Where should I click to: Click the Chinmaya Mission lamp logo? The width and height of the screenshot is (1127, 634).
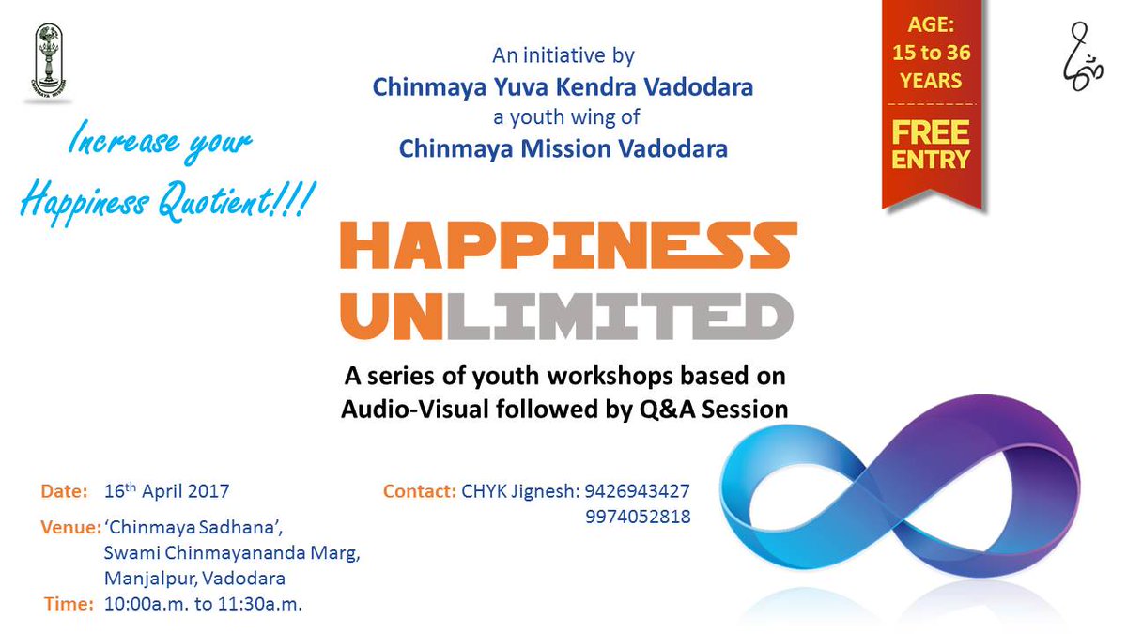pyautogui.click(x=48, y=60)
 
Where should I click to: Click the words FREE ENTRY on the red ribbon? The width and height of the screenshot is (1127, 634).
pyautogui.click(x=931, y=145)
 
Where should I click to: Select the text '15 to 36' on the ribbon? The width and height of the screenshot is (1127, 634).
pyautogui.click(x=932, y=53)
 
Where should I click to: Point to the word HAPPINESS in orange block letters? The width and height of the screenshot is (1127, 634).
pyautogui.click(x=568, y=244)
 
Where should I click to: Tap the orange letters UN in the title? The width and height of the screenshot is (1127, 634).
pyautogui.click(x=392, y=316)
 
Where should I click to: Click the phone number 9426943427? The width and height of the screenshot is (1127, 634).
pyautogui.click(x=637, y=491)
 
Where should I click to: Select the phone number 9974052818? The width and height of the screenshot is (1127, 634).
pyautogui.click(x=638, y=517)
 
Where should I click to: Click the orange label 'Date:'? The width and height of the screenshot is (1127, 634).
pyautogui.click(x=65, y=491)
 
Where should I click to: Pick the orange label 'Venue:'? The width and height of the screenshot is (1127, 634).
pyautogui.click(x=71, y=527)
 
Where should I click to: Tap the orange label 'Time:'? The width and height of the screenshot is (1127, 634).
pyautogui.click(x=69, y=604)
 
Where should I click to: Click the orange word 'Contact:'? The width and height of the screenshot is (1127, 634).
pyautogui.click(x=420, y=491)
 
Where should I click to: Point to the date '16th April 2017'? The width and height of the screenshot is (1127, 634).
pyautogui.click(x=166, y=490)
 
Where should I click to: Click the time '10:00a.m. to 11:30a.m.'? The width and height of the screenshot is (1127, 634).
pyautogui.click(x=203, y=604)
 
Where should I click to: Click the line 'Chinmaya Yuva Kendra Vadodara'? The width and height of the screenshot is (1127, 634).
pyautogui.click(x=563, y=87)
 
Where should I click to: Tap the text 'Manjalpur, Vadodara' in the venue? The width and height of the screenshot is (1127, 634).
pyautogui.click(x=194, y=579)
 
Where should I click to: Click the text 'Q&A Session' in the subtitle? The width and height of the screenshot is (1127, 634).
pyautogui.click(x=714, y=410)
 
